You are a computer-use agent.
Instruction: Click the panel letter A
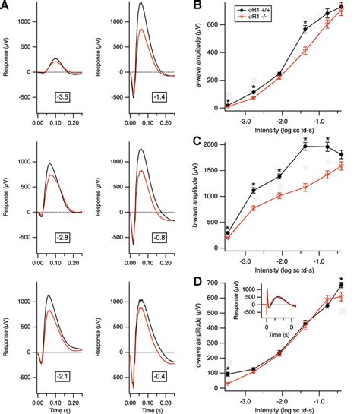point(6,6)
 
